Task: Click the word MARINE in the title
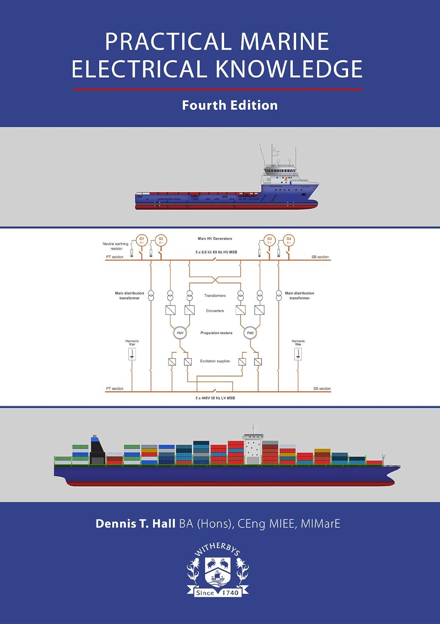(284, 42)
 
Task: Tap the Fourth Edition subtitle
(230, 105)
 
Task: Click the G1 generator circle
(142, 240)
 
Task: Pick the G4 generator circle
(289, 240)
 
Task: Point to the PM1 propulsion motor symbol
(180, 333)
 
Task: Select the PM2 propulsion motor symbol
(250, 333)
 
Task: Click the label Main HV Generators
(215, 239)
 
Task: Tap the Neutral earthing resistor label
(116, 246)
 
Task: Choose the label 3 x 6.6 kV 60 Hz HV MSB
(216, 252)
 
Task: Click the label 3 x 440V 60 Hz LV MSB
(215, 398)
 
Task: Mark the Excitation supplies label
(215, 361)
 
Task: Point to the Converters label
(215, 311)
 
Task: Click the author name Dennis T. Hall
(136, 523)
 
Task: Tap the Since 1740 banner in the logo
(218, 592)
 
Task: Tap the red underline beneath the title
(218, 89)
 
